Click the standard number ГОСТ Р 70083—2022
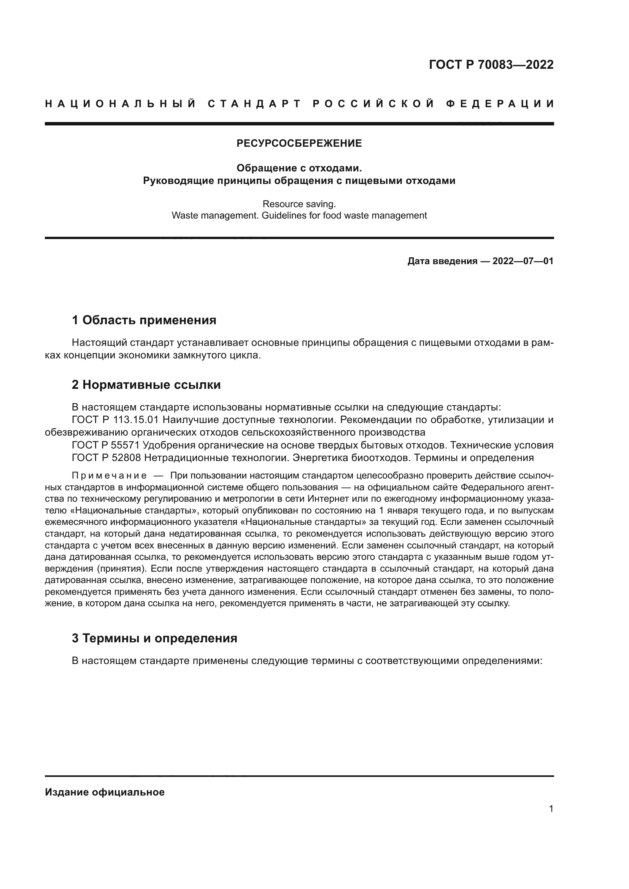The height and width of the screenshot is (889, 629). click(491, 65)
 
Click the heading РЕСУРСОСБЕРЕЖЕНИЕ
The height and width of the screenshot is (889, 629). click(299, 144)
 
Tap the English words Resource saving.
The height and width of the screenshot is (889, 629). click(299, 204)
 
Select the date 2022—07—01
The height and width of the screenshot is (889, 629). click(523, 261)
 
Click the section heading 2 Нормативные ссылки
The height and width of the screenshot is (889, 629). click(146, 385)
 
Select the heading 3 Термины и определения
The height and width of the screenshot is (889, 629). click(154, 638)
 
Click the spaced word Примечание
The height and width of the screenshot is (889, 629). click(109, 476)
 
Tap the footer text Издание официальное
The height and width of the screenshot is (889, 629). click(105, 792)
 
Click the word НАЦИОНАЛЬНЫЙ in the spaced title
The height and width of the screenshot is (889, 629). click(121, 104)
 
